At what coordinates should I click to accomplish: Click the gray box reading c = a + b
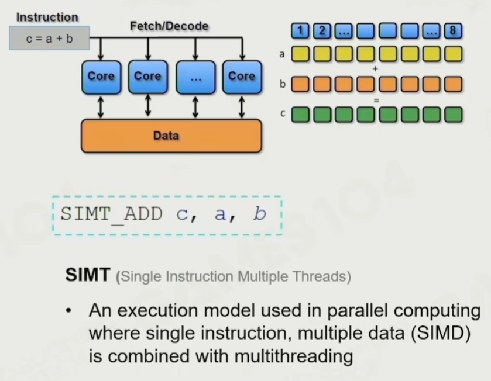click(x=50, y=38)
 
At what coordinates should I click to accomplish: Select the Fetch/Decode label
click(x=169, y=26)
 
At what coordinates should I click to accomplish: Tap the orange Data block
click(x=171, y=136)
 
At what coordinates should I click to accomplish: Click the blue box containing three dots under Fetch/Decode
click(x=195, y=77)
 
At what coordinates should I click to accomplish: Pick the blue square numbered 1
click(x=300, y=30)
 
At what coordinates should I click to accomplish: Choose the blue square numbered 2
click(x=322, y=30)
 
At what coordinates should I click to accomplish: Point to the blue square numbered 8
click(x=453, y=30)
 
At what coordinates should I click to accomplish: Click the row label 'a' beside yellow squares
click(x=282, y=54)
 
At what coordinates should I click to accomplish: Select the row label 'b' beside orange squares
click(x=283, y=84)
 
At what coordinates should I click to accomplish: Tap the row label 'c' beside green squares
click(x=283, y=113)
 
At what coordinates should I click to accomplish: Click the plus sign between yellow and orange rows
click(x=376, y=69)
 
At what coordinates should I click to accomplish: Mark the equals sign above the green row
click(x=376, y=101)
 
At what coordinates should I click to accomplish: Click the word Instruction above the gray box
click(x=47, y=17)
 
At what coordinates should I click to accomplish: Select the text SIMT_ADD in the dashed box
click(x=111, y=214)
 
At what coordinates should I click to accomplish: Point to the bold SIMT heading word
click(x=88, y=275)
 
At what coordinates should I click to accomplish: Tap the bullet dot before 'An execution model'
click(x=68, y=311)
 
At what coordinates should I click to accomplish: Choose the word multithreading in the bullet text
click(x=294, y=356)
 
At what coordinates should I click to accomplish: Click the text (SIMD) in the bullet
click(x=441, y=333)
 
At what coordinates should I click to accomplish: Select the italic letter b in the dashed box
click(x=260, y=214)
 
